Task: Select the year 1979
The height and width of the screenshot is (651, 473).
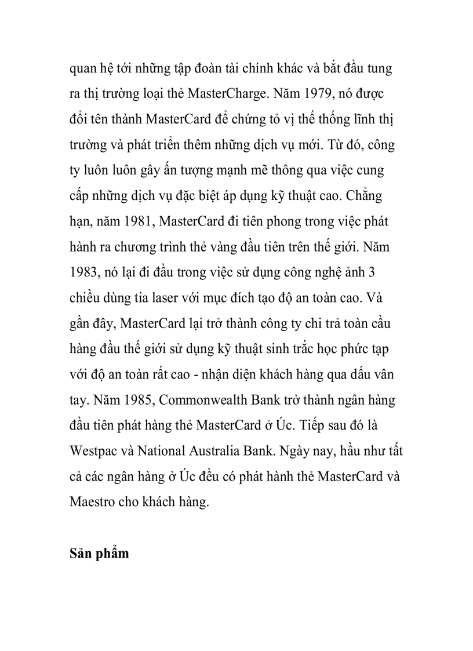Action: pos(322,94)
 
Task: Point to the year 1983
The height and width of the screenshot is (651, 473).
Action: pos(83,272)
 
